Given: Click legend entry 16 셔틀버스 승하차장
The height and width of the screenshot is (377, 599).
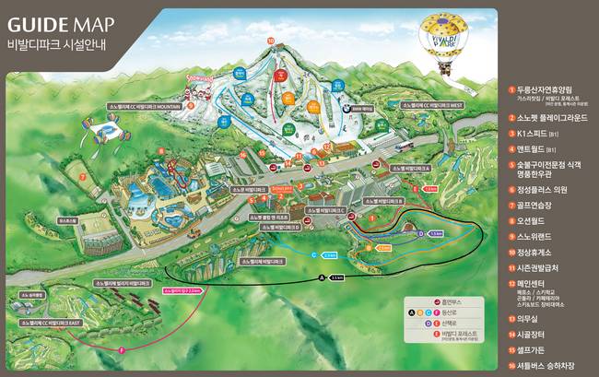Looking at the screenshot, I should click(550, 365).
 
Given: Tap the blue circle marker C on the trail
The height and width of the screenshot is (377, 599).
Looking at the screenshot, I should click(314, 254).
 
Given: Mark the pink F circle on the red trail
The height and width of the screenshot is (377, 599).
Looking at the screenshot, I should click(122, 349).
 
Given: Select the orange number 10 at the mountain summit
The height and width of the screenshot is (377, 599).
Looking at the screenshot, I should click(270, 41).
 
